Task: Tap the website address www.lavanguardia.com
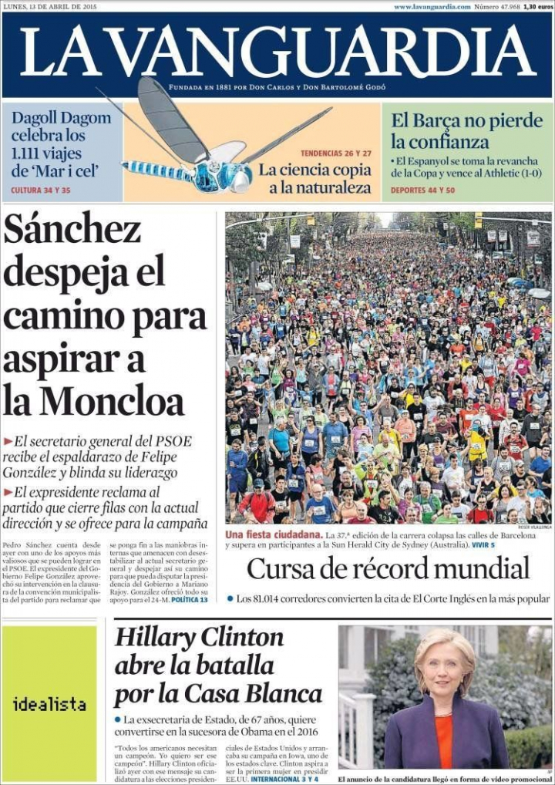[x=432, y=6]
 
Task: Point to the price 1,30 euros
[x=537, y=6]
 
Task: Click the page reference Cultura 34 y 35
[x=40, y=190]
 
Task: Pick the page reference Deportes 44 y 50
[x=422, y=190]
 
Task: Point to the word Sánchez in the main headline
[x=72, y=229]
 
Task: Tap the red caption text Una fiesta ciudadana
[x=272, y=534]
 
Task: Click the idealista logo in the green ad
[x=49, y=704]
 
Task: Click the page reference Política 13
[x=189, y=599]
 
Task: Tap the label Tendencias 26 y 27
[x=336, y=153]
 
